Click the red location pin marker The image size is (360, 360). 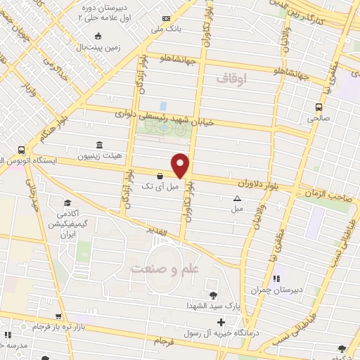tap(180, 166)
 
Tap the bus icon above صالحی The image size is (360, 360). tap(319, 107)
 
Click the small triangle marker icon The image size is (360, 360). tap(237, 198)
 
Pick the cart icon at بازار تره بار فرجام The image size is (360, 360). tap(59, 316)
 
